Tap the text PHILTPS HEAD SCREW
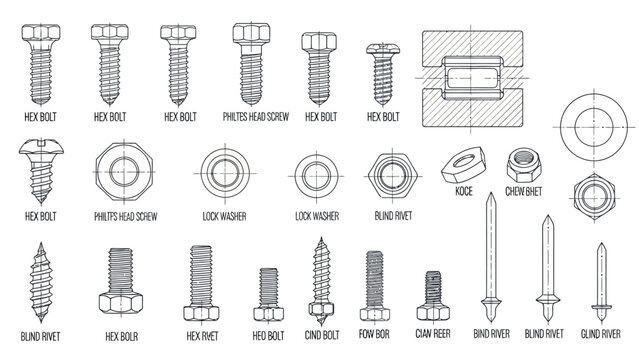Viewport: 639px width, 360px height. click(x=119, y=216)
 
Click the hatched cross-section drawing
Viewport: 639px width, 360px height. click(x=476, y=75)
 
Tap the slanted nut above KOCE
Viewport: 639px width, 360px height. click(x=463, y=161)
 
